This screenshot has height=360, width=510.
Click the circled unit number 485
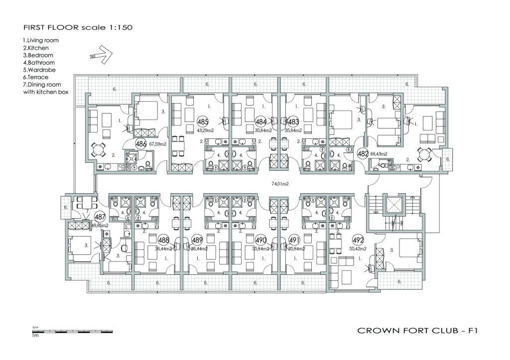click(203, 121)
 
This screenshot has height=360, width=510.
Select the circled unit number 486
click(141, 144)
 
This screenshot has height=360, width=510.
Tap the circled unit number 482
click(363, 153)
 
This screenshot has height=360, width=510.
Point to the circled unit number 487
click(100, 217)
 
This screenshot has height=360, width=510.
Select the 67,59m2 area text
click(158, 145)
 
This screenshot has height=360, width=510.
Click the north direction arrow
click(100, 52)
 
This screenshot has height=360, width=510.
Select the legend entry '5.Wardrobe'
click(39, 70)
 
